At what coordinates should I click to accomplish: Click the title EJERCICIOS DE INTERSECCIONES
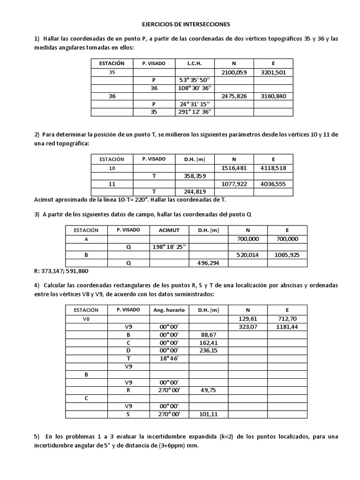click(180, 23)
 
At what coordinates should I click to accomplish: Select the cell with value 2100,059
click(234, 72)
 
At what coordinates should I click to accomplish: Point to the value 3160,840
click(273, 96)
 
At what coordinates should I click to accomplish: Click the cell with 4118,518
click(273, 168)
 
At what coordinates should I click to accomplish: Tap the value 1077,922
click(234, 184)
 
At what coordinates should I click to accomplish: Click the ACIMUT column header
click(169, 230)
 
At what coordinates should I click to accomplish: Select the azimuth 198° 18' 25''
click(169, 247)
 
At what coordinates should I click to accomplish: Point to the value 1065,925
click(287, 255)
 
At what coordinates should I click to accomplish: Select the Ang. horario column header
click(169, 310)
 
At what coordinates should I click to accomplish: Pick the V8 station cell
click(86, 319)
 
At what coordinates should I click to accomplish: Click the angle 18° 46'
click(169, 359)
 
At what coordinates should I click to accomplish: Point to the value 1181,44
click(287, 327)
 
